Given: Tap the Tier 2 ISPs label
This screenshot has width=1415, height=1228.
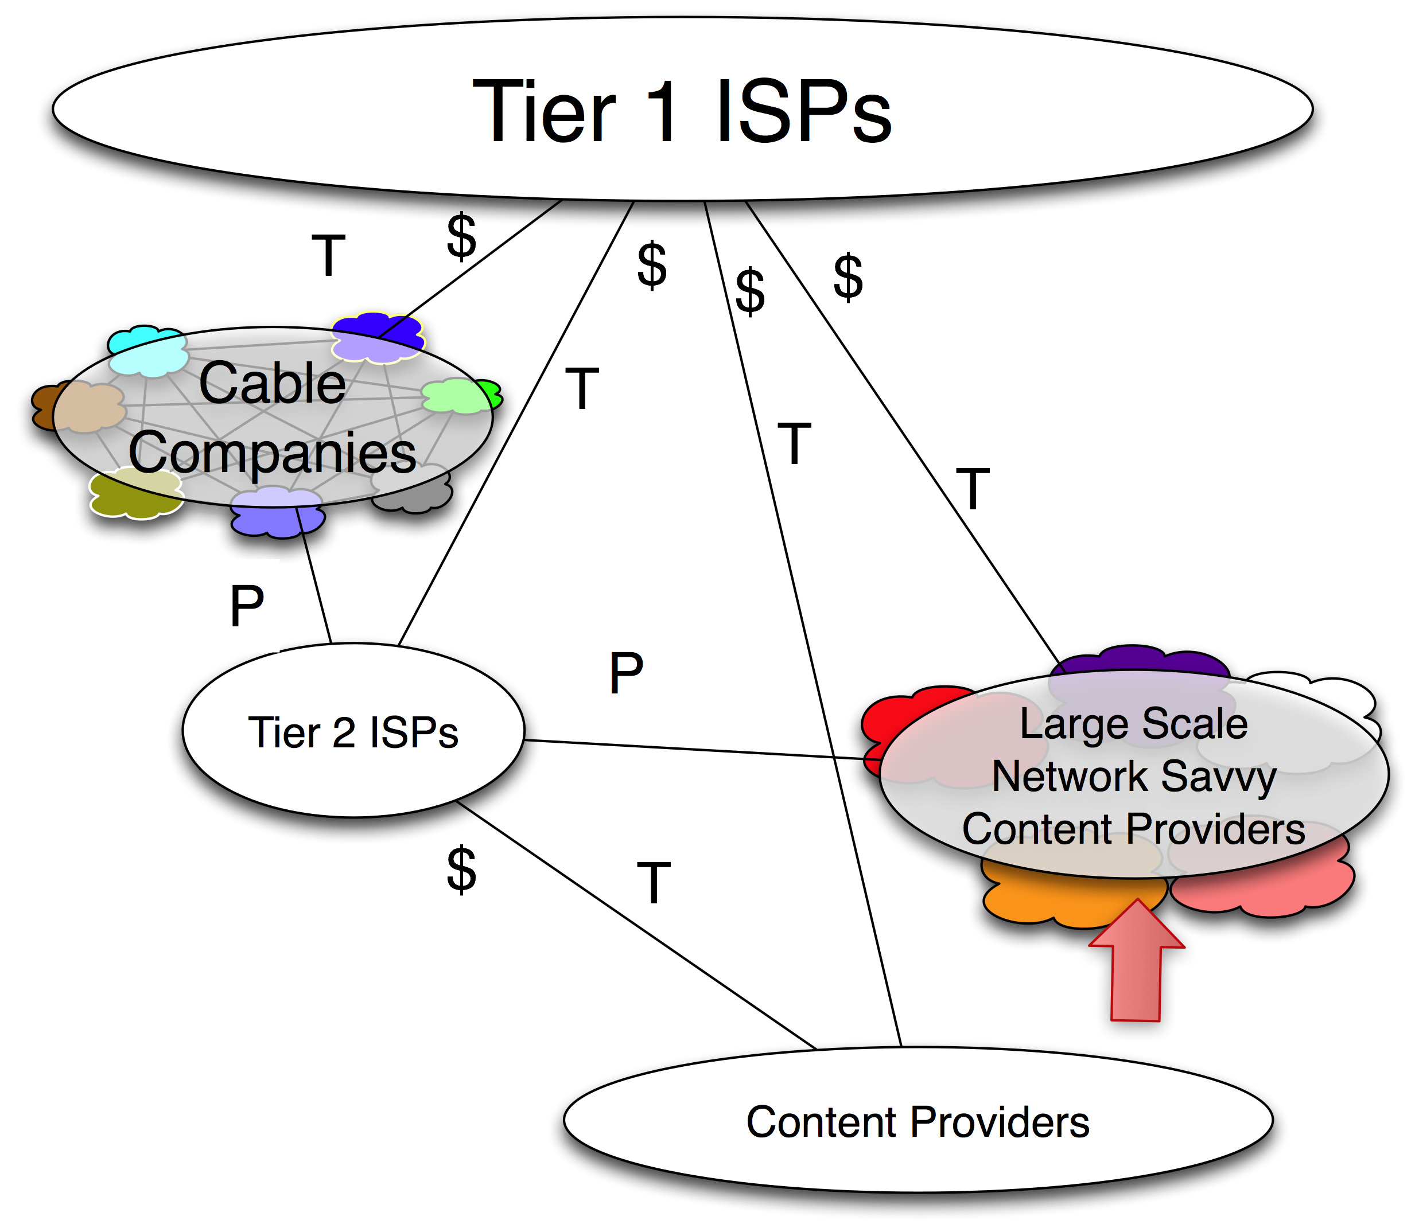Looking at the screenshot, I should point(352,732).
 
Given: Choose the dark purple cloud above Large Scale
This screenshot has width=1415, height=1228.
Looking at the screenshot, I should point(1138,661).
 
